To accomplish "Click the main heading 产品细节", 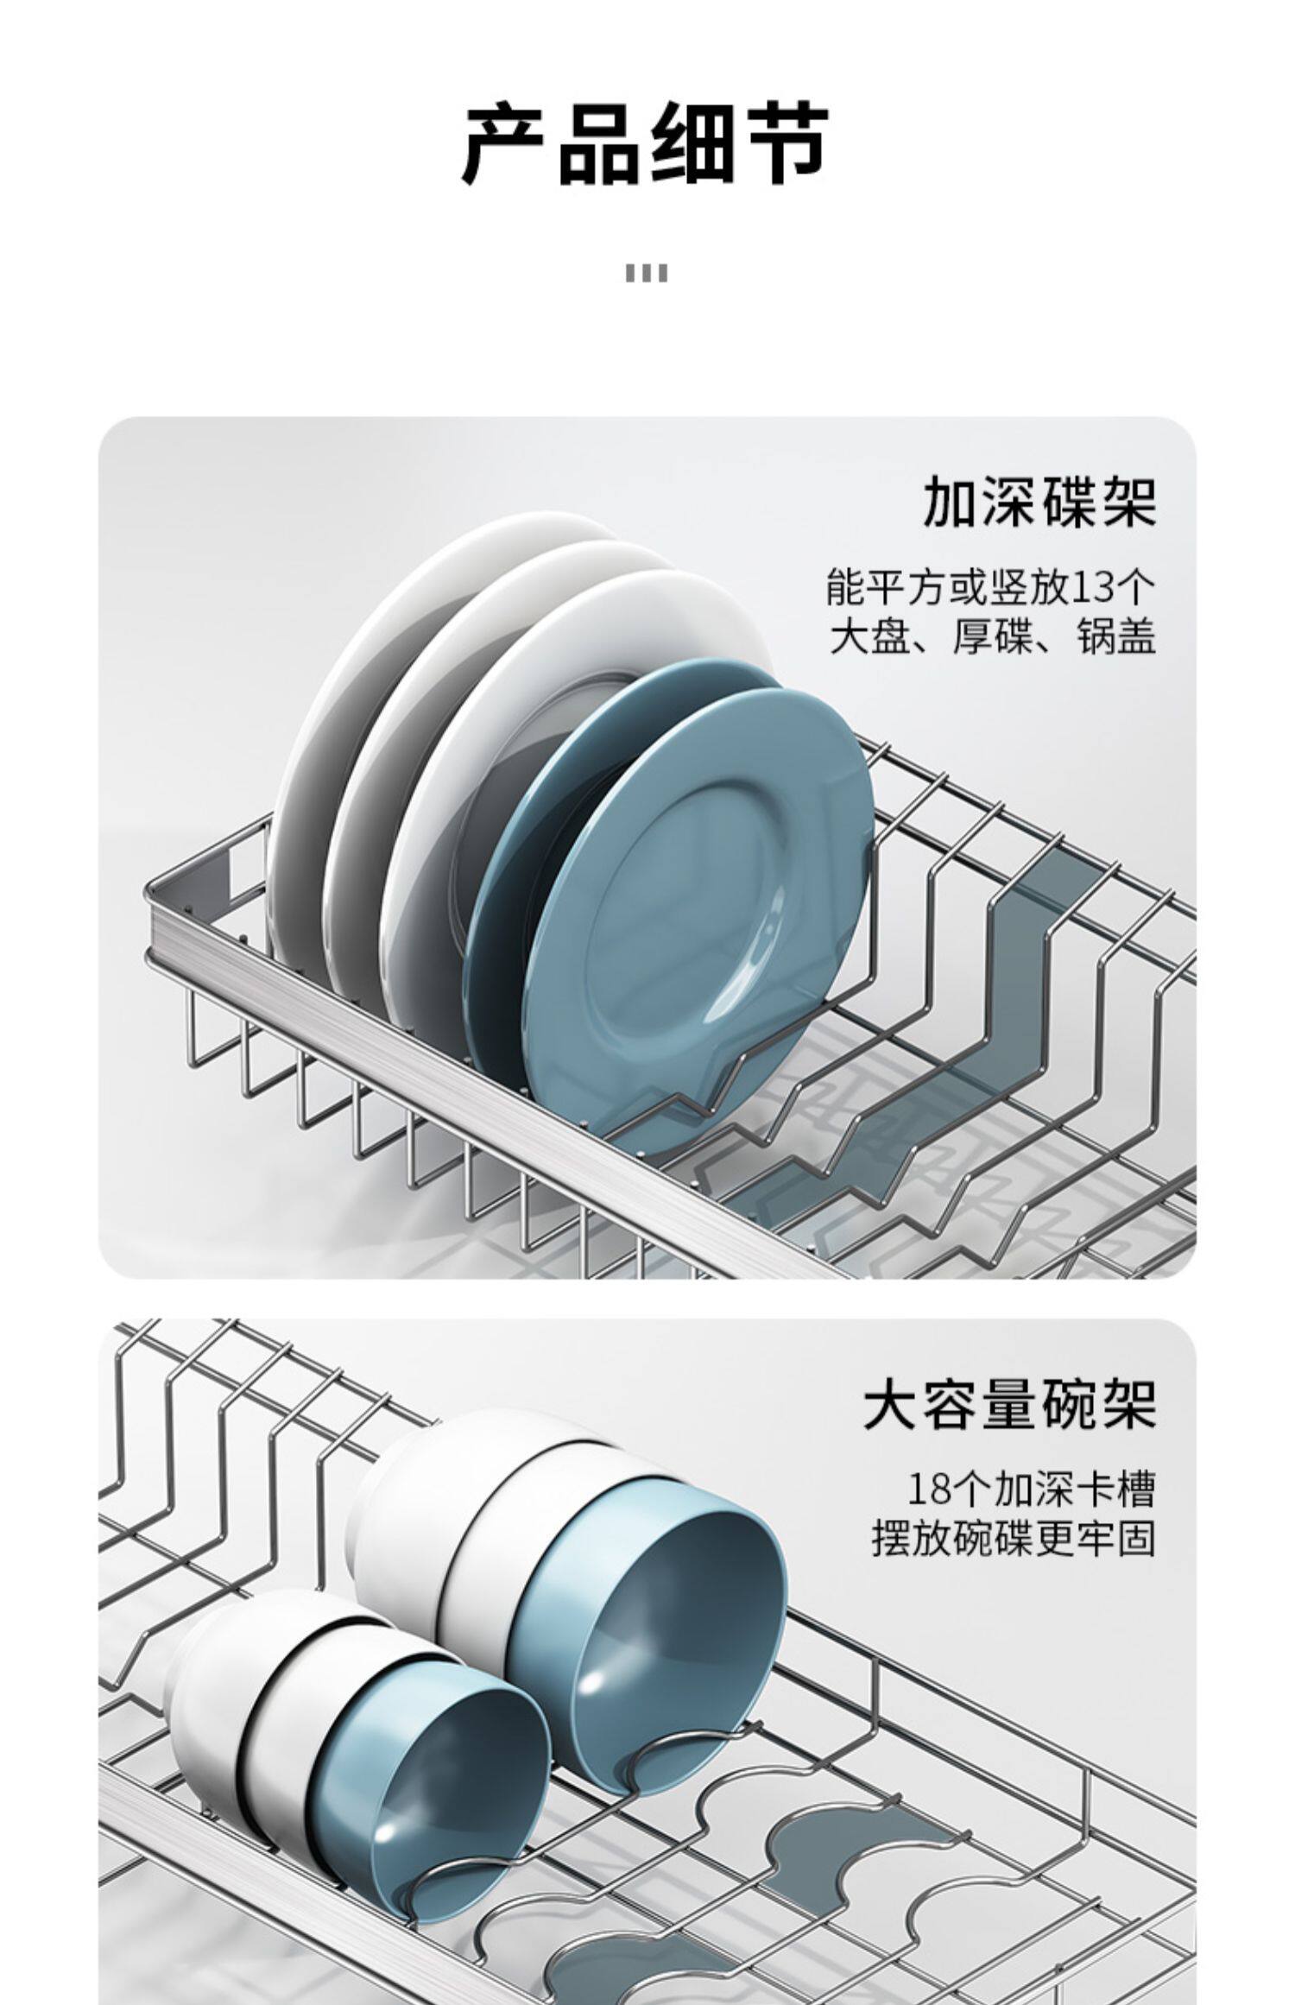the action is pos(646,144).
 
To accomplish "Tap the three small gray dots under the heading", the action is pos(646,274).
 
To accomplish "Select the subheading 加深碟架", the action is pos(1039,503).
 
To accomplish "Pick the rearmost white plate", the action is pos(363,691).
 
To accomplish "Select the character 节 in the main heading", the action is pos(784,144).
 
